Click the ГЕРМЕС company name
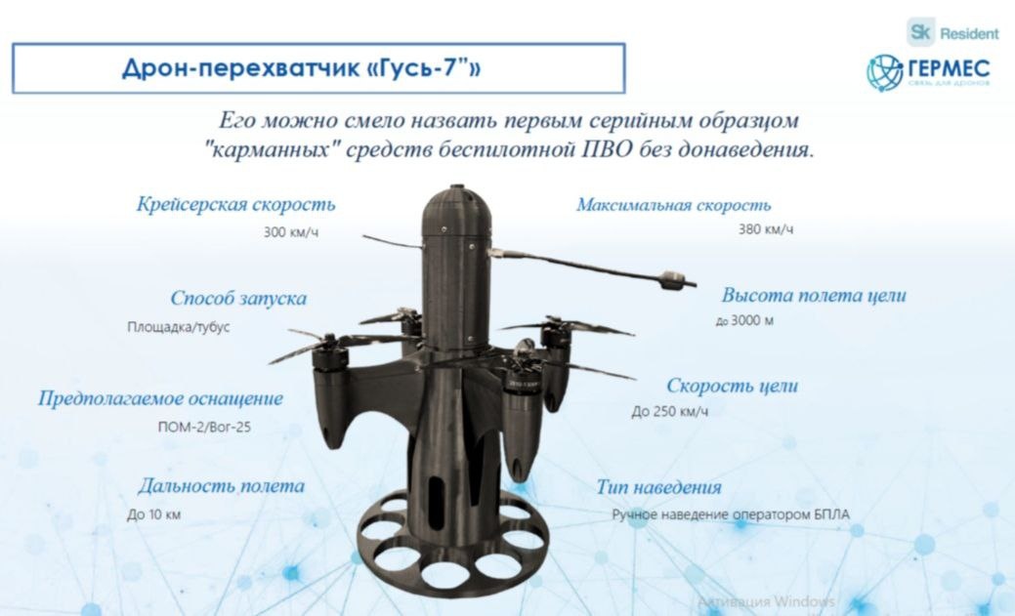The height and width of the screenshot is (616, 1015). pos(949,68)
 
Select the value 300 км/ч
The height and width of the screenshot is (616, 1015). pos(291,231)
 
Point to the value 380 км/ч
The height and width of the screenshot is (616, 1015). pos(766,229)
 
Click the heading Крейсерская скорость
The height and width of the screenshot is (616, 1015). pos(235,204)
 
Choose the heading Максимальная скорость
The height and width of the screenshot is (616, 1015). pos(674,205)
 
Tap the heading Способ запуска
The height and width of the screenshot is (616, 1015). pos(238,299)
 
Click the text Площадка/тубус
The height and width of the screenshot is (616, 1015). pos(179,327)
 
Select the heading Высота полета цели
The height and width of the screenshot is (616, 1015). pos(814,295)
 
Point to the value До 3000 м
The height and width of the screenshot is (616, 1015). pos(744,320)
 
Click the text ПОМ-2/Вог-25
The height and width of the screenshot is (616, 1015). pos(204,427)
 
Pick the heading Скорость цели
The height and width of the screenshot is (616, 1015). pos(732,386)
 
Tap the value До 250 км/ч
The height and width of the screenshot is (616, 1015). pos(670,412)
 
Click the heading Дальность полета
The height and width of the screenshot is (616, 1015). pos(221,486)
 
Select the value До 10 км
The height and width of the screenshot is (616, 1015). pos(154,515)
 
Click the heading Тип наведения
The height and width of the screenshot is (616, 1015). pos(658,487)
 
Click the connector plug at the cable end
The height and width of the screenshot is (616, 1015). pos(673,280)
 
